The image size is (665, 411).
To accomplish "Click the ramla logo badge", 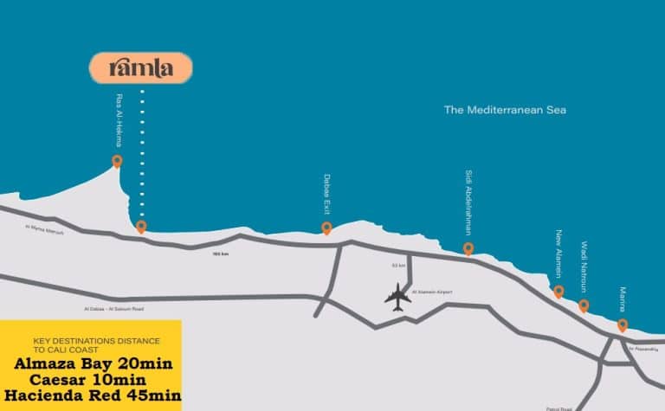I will pos(141,68).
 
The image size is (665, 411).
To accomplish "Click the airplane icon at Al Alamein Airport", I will pos(398,296).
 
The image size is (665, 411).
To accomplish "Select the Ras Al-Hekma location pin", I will pos(117,160).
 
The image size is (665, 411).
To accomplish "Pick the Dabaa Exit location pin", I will pos(326,228).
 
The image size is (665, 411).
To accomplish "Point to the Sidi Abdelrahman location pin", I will pos(468,248).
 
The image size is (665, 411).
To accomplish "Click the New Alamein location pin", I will pos(558,291).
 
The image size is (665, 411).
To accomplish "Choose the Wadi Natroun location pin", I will pos(584,305).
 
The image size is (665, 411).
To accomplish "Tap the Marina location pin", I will pos(623,324).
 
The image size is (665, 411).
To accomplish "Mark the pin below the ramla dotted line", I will pos(141,227).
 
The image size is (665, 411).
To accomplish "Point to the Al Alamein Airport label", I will pos(434,292).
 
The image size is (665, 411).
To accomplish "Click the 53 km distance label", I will pos(399,265).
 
